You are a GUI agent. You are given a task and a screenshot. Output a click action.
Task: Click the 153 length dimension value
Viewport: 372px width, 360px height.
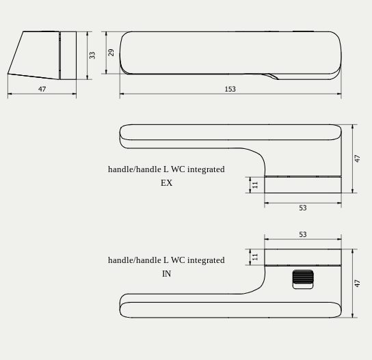click(230, 89)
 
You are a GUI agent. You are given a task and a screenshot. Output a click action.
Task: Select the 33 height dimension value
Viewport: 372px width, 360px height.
click(92, 55)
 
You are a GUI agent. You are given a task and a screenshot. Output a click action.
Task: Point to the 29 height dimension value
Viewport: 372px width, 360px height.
click(111, 53)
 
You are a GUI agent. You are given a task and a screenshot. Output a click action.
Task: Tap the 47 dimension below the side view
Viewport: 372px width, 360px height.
click(42, 89)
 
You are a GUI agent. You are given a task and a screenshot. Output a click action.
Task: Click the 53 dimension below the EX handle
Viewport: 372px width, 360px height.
click(302, 208)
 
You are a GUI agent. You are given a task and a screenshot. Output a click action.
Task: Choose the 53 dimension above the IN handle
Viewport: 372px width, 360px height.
click(302, 234)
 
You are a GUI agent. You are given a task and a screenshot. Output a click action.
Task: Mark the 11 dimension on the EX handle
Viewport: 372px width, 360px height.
click(255, 184)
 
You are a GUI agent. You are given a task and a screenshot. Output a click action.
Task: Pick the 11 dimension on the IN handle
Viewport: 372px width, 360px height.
click(255, 257)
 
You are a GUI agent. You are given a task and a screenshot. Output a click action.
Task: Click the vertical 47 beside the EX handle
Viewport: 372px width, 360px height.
click(357, 158)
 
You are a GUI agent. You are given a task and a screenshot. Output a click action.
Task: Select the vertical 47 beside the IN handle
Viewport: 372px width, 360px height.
click(357, 283)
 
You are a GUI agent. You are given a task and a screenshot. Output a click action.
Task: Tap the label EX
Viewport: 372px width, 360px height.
click(166, 183)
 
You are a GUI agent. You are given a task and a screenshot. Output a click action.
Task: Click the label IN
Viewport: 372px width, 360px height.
click(166, 274)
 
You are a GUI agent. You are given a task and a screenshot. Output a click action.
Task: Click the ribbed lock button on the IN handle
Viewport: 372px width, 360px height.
click(303, 279)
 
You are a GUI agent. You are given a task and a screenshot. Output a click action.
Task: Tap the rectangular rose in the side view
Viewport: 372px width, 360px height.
click(68, 55)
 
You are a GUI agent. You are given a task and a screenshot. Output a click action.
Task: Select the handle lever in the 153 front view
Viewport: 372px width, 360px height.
click(230, 52)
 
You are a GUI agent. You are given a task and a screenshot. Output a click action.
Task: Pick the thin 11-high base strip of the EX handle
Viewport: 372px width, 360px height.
click(302, 184)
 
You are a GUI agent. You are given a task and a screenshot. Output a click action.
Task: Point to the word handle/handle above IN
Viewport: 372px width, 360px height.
click(134, 260)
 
